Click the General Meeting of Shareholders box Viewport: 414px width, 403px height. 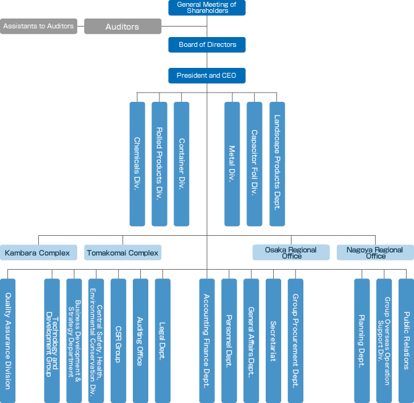207,7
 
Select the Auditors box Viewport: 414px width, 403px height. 122,27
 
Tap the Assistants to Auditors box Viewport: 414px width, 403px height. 38,27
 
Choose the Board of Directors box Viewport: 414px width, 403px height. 207,45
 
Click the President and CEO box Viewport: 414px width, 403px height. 207,76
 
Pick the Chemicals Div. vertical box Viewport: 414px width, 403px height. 137,164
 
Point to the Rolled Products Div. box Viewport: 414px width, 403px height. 159,164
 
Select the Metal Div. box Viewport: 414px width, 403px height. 232,164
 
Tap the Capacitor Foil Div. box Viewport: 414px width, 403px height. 254,164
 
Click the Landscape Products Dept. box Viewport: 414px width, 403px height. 277,164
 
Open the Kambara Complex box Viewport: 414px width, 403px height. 38,252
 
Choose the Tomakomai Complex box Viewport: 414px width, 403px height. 122,252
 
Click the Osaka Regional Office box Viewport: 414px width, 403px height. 291,252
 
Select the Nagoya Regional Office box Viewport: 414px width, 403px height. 375,252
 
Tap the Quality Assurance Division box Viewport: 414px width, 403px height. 7,341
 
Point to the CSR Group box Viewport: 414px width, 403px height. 118,341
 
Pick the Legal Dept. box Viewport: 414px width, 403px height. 163,341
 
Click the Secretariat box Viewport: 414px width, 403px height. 273,341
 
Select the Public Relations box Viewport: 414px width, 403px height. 407,341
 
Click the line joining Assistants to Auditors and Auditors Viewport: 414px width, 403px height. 80,27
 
